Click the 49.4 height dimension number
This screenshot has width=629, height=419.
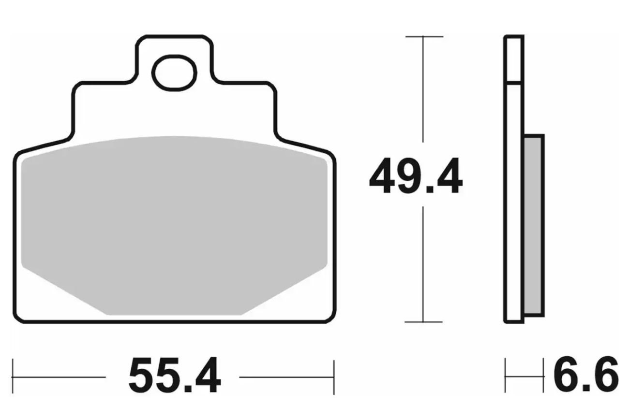416,176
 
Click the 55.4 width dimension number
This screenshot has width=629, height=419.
175,375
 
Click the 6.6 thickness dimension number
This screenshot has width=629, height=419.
586,375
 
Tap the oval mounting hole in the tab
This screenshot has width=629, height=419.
174,73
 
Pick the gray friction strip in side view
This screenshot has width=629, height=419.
533,226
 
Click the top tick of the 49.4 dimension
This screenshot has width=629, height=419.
424,36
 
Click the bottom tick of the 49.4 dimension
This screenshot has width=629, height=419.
423,322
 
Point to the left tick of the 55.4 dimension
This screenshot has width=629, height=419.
13,376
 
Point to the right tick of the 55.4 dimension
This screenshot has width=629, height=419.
334,377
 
